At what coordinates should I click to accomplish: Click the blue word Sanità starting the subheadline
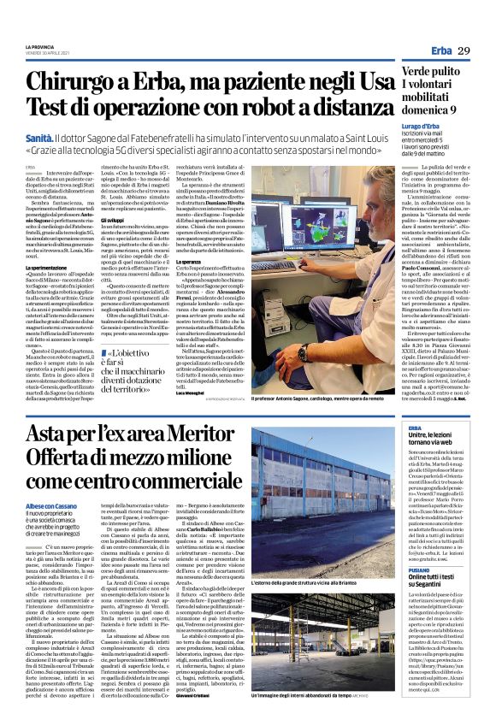click(x=41, y=137)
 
